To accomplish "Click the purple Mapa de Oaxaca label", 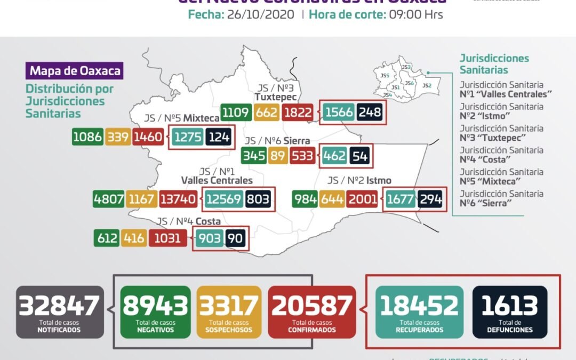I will pyautogui.click(x=74, y=71).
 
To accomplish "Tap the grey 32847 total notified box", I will pyautogui.click(x=59, y=311).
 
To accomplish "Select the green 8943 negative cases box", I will pyautogui.click(x=155, y=311).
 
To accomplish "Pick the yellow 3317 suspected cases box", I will pyautogui.click(x=229, y=311).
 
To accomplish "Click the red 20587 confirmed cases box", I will pyautogui.click(x=311, y=311).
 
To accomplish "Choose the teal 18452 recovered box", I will pyautogui.click(x=419, y=311).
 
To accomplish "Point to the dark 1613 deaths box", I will pyautogui.click(x=510, y=311).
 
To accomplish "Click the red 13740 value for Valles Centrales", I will pyautogui.click(x=180, y=199).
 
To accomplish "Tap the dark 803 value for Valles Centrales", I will pyautogui.click(x=258, y=199).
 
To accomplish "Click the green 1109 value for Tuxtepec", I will pyautogui.click(x=236, y=113).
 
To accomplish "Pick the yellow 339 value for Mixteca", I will pyautogui.click(x=118, y=137).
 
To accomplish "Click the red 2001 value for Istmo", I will pyautogui.click(x=363, y=199).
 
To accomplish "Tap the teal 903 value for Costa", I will pyautogui.click(x=210, y=238).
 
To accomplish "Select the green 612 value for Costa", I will pyautogui.click(x=107, y=238).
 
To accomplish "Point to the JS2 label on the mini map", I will pyautogui.click(x=427, y=85).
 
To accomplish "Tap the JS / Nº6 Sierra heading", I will pyautogui.click(x=277, y=141).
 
